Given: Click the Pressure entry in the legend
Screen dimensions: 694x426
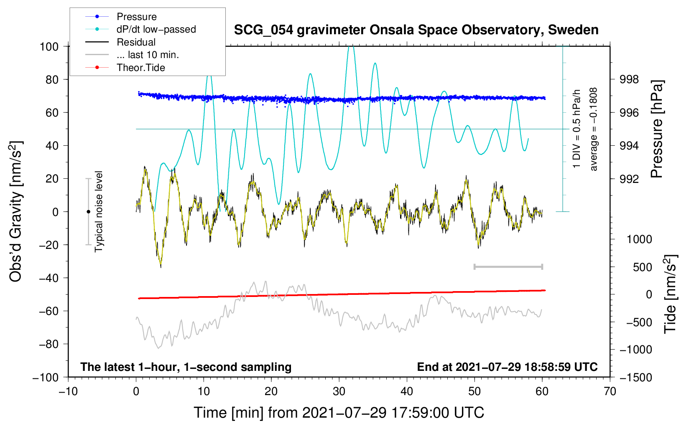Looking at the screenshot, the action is coord(137,16).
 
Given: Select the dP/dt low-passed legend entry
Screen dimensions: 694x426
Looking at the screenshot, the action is coord(156,29).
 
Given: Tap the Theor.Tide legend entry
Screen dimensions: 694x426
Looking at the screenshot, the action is coord(140,68).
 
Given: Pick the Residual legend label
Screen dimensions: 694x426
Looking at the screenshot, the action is coord(136,42).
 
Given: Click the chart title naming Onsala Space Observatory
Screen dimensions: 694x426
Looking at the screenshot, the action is coord(416,30).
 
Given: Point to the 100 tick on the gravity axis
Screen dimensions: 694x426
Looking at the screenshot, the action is coord(49,47).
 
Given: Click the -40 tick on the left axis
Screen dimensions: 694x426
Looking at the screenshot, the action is coord(48,278).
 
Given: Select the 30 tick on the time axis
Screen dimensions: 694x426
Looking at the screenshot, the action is coord(339,392).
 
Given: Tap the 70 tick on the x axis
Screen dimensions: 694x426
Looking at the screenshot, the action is coord(610,392).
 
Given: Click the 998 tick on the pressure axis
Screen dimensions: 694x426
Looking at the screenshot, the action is coord(629,80).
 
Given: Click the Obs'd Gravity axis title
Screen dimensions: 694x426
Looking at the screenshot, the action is coord(16,212).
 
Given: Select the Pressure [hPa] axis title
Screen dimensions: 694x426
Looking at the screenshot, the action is coord(657,129).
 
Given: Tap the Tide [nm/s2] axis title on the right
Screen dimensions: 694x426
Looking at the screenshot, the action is coord(670,294).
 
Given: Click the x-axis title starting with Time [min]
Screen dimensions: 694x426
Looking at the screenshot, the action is coord(339,413).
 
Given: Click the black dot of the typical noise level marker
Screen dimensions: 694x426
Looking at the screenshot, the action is coord(88,212).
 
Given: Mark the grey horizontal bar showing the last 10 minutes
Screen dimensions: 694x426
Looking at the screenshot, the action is coord(508,266).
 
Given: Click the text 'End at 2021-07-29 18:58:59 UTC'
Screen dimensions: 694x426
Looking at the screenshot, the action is coord(507,367).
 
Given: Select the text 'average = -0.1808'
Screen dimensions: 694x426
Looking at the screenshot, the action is coord(593,129).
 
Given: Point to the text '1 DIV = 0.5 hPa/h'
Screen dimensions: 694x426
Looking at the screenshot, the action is coord(576,129).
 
